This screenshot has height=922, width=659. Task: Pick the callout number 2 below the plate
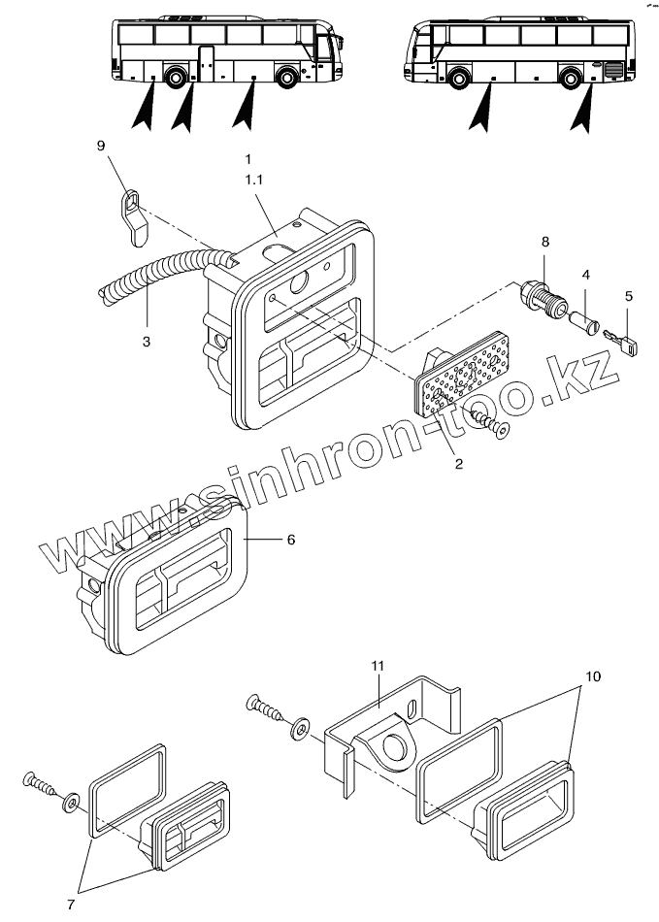(x=458, y=464)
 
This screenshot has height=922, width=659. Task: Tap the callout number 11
(x=379, y=665)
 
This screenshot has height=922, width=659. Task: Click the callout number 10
(x=593, y=673)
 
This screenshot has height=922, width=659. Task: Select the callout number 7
(x=70, y=905)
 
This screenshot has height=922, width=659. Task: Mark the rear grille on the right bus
(x=612, y=70)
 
